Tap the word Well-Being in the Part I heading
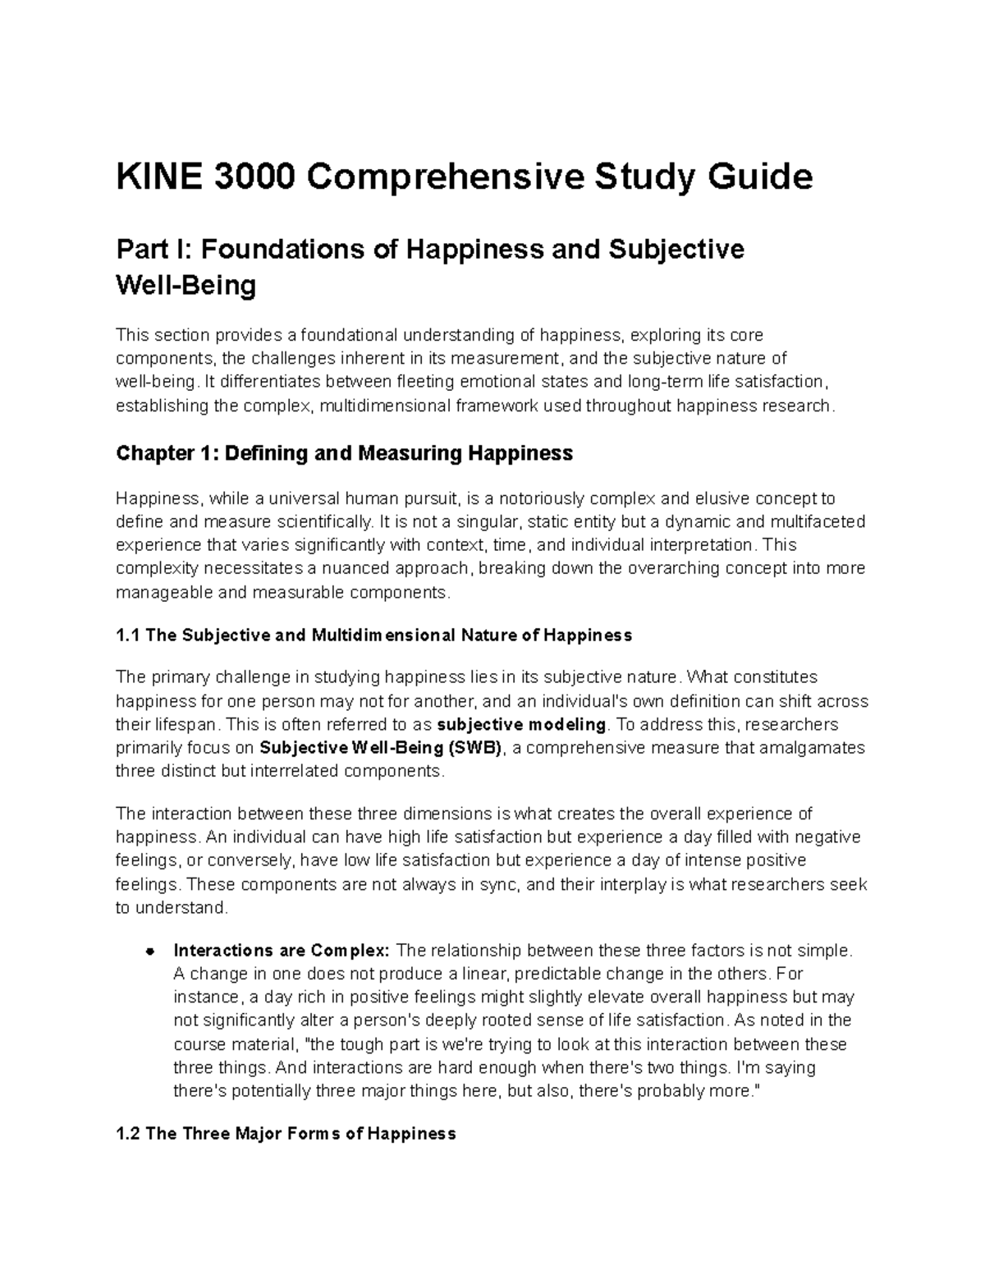tap(186, 286)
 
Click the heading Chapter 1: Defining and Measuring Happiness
tap(344, 453)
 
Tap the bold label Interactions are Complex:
tap(281, 951)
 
